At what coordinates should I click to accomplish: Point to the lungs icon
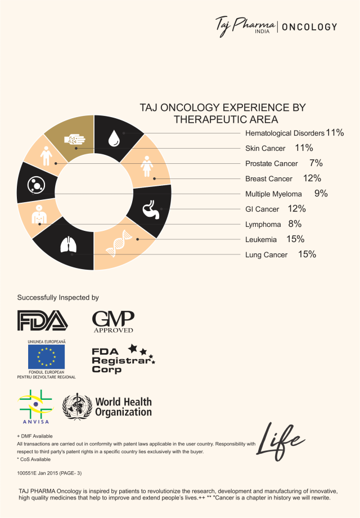coord(68,246)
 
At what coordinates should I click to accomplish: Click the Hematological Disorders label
coord(285,133)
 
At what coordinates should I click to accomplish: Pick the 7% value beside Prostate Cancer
coord(316,163)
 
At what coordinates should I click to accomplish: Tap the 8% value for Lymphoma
coord(295,224)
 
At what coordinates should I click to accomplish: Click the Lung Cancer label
coord(266,254)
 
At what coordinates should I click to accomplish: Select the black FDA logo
coord(43,320)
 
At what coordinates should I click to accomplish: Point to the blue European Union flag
coord(46,356)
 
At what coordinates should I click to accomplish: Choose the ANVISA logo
coord(35,406)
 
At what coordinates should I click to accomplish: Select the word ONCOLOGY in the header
coord(309,26)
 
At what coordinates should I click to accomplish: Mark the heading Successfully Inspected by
coord(58,297)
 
